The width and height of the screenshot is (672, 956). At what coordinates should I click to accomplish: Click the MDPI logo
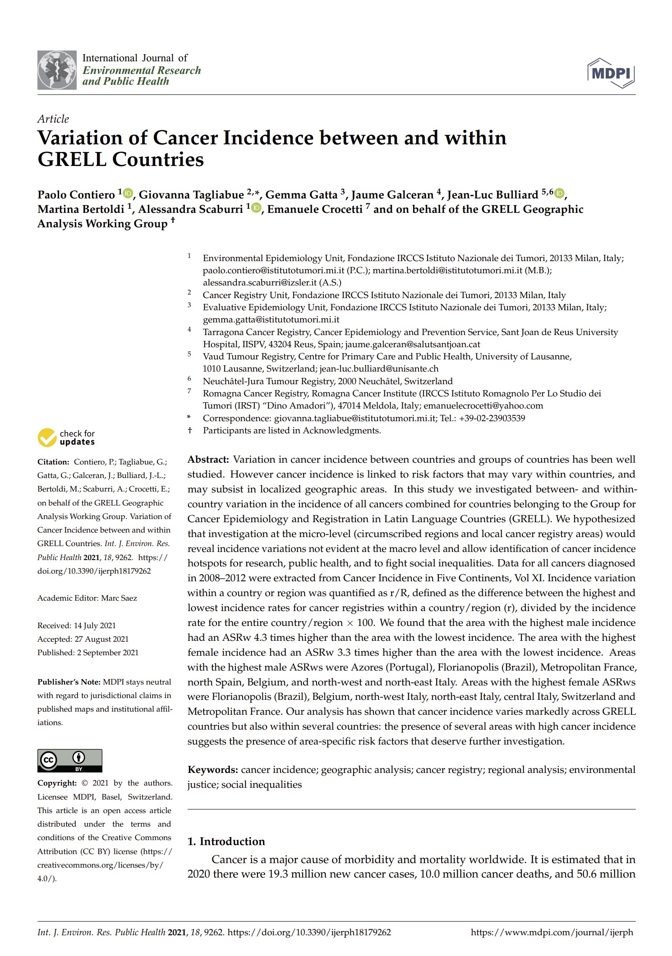(x=611, y=73)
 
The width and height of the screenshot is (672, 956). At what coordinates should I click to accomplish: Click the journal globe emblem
(x=57, y=70)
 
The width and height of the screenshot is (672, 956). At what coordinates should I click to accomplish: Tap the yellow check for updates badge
(x=47, y=437)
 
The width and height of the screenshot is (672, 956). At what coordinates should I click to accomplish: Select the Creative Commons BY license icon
(x=70, y=760)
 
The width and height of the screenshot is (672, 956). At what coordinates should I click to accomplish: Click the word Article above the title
(x=53, y=119)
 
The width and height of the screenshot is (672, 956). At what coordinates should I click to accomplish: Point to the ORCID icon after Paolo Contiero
(x=129, y=193)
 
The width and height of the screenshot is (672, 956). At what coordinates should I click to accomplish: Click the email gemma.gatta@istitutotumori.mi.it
(x=271, y=320)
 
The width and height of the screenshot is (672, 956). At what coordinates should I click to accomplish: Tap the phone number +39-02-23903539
(x=492, y=418)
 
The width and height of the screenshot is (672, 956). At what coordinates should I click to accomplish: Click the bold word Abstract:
(x=208, y=460)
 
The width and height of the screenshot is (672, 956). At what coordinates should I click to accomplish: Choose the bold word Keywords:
(x=212, y=769)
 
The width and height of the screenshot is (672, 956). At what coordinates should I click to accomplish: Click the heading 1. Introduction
(x=226, y=841)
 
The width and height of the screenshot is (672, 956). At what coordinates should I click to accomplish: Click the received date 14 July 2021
(x=95, y=625)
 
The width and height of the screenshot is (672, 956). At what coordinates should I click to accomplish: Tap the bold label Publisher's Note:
(x=69, y=682)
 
